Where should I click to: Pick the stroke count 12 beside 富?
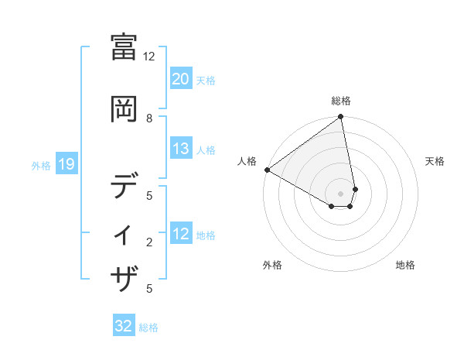coord(148,56)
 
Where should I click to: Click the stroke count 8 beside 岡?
coord(148,118)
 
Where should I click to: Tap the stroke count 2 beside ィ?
coord(148,242)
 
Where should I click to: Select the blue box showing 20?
coord(180,79)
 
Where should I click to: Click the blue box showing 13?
coord(180,149)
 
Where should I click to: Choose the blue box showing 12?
coord(180,234)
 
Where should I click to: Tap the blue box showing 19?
coord(66,164)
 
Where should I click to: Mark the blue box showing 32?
coord(124,326)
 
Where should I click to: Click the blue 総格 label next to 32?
coord(148,328)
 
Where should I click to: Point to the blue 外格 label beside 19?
coord(41,165)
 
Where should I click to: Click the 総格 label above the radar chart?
coord(340,101)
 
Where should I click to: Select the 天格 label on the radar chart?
coord(435,161)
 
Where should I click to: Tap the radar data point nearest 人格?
coord(267,170)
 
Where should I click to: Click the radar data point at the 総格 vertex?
coord(340,118)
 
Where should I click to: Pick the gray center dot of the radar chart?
coord(340,193)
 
